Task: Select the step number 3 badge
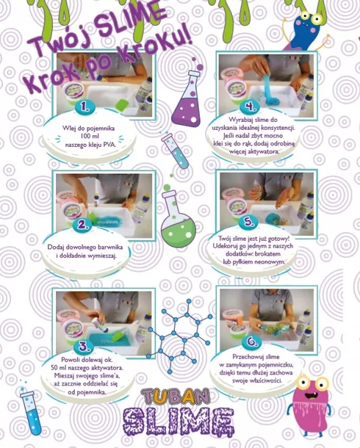[86, 345]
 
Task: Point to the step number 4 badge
[251, 107]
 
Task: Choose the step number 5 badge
[250, 223]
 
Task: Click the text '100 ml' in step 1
[86, 137]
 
